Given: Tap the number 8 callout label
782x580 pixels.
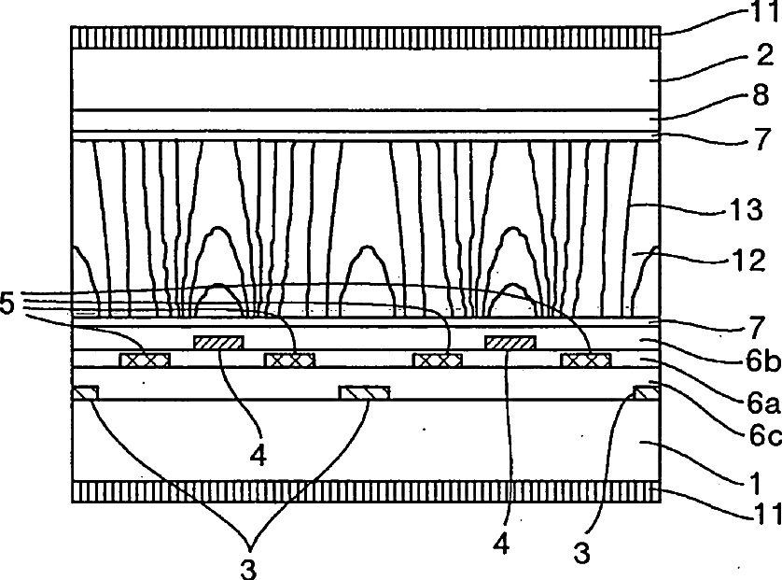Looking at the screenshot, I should (761, 96).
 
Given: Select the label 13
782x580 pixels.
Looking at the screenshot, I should (759, 213).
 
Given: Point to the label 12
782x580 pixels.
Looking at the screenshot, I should (759, 261).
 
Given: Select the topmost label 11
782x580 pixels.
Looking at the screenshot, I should (764, 14).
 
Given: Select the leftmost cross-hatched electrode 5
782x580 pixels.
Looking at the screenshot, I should (143, 360).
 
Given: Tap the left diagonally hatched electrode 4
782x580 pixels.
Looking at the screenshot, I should (218, 342).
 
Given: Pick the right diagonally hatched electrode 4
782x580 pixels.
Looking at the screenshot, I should (510, 342).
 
